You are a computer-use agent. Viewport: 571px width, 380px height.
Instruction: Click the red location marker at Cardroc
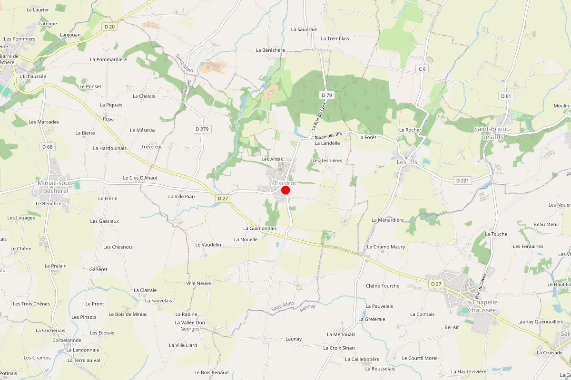285,190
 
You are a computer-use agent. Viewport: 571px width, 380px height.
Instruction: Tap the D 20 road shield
110,27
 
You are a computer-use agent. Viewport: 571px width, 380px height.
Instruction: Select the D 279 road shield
202,129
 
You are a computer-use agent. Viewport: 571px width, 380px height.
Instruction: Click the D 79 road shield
327,95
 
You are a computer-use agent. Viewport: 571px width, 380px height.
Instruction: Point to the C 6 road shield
422,69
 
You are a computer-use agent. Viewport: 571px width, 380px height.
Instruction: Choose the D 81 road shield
506,96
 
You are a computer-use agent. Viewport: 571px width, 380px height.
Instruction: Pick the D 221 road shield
462,180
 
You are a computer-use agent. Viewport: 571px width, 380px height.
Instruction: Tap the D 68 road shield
47,147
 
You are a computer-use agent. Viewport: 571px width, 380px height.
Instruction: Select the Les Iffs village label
407,162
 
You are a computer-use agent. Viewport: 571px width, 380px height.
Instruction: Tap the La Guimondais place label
260,228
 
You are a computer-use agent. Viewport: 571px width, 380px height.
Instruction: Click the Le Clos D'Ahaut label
140,178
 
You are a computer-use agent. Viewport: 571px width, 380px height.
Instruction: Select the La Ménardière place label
387,220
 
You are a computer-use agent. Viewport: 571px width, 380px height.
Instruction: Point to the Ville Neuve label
198,283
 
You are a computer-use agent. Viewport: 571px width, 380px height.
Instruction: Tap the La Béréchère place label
270,50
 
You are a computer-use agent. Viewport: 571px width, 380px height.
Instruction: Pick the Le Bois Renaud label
211,372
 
